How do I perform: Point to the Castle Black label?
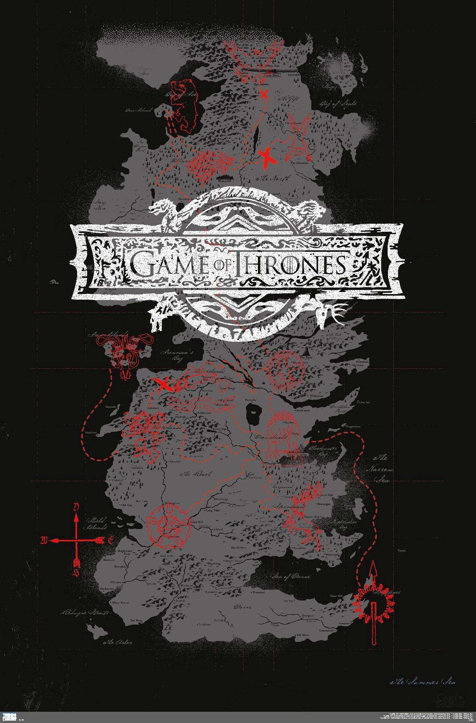tap(271, 75)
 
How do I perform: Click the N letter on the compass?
tap(75, 507)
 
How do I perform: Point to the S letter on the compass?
tap(75, 573)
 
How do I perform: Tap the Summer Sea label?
tap(423, 682)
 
